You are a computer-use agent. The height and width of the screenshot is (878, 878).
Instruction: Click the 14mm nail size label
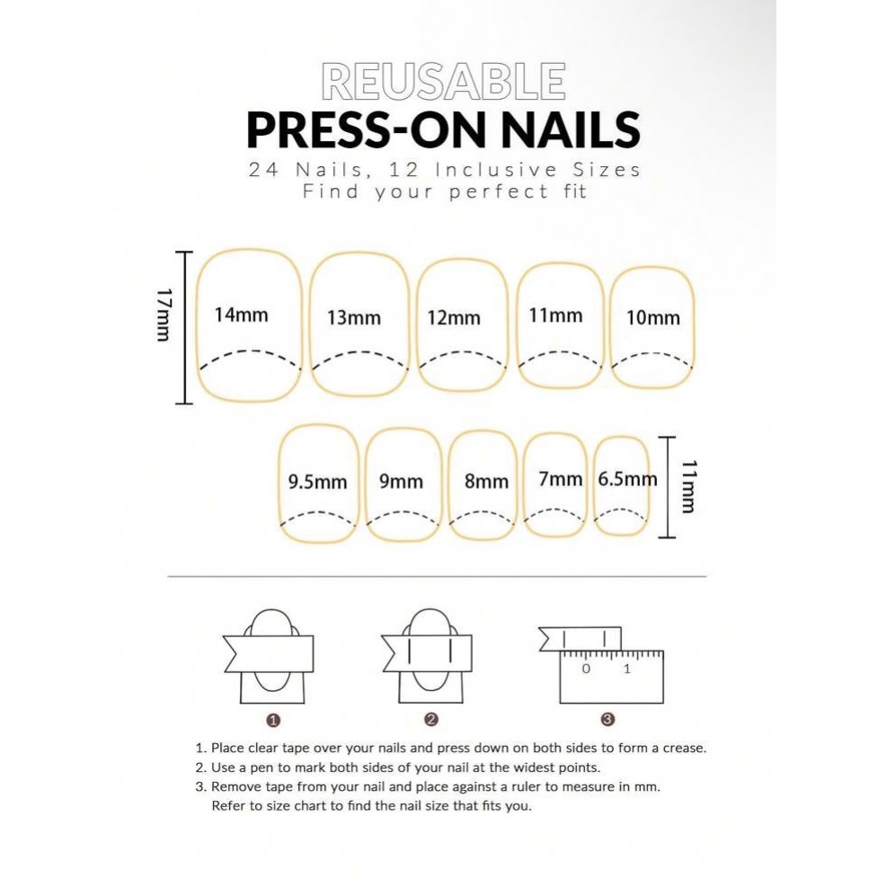click(x=242, y=315)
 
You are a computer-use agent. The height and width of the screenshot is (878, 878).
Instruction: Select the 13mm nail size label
click(x=354, y=318)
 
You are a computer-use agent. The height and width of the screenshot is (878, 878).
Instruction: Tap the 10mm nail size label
click(x=653, y=318)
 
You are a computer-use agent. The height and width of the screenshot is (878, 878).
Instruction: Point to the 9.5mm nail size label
click(x=317, y=482)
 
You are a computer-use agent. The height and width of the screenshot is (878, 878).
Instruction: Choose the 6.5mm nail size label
click(x=627, y=479)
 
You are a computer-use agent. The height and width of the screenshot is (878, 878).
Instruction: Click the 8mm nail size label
click(x=486, y=481)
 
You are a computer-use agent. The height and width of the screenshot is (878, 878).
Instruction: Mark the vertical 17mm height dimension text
click(x=164, y=315)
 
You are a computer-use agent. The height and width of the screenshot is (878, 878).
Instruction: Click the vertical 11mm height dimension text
click(x=688, y=486)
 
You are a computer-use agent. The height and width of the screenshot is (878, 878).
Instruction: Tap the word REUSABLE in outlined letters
click(x=443, y=83)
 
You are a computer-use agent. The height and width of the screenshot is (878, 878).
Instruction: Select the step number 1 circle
click(x=273, y=720)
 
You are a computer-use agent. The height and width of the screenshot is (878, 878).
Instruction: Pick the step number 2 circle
click(x=430, y=720)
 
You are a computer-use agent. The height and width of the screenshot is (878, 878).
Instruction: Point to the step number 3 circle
click(x=608, y=720)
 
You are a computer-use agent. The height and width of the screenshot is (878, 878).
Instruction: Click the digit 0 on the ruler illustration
click(x=586, y=669)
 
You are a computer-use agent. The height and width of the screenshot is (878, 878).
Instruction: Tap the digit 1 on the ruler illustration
click(x=626, y=669)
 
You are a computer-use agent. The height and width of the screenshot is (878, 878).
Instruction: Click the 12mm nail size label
click(x=454, y=318)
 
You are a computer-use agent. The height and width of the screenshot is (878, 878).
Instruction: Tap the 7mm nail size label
click(x=561, y=479)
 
